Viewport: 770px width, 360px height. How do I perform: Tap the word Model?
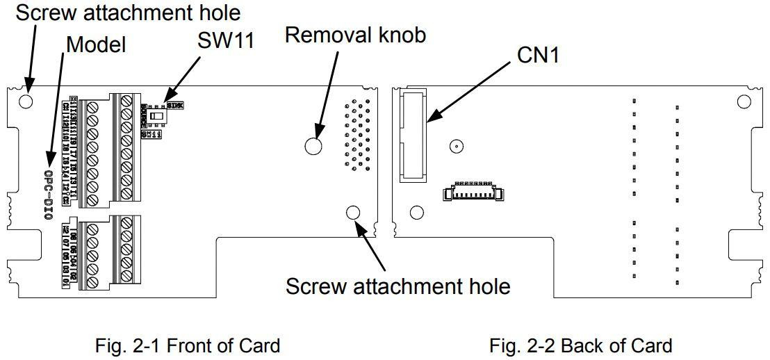pos(96,45)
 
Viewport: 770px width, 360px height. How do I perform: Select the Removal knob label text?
pos(355,35)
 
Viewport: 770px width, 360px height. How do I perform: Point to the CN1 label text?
pos(538,56)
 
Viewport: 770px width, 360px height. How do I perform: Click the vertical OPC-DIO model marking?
pos(48,194)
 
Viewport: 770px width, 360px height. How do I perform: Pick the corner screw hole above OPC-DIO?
pos(26,101)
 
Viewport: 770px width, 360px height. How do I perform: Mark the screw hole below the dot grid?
pos(352,213)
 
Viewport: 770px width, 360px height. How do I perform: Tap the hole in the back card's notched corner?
pos(744,101)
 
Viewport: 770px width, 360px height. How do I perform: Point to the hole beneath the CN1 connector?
pos(417,212)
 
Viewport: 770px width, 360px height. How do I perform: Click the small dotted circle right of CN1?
pos(456,146)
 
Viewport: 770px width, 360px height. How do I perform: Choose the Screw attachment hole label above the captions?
pos(398,286)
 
